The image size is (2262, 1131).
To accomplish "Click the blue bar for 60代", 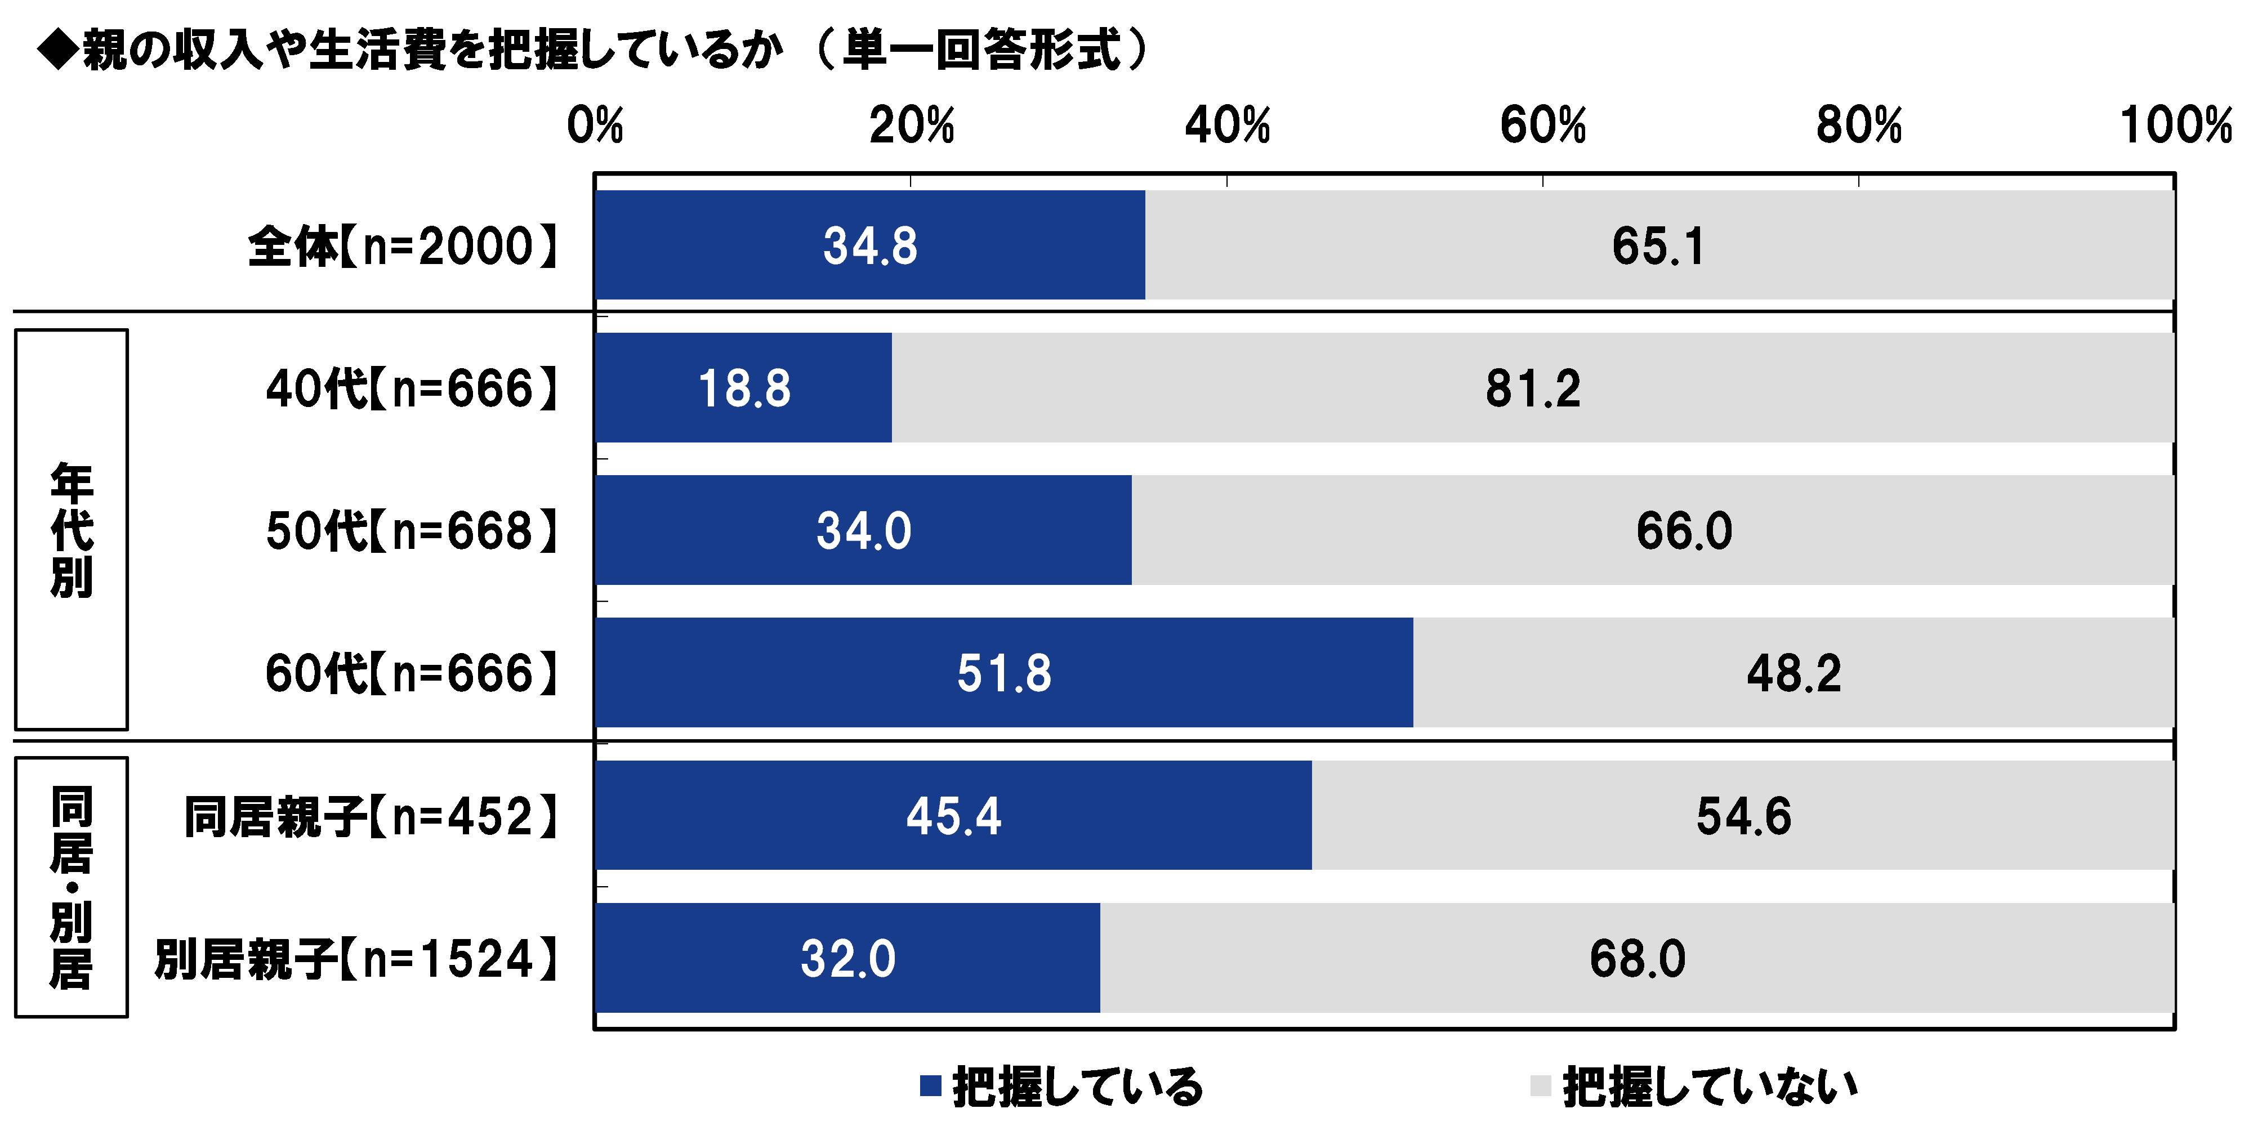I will (x=1003, y=673).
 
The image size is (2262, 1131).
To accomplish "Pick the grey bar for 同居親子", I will (x=1742, y=815).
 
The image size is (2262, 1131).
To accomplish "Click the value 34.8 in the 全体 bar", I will (x=869, y=246).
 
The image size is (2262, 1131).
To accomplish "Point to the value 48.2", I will (x=1793, y=673).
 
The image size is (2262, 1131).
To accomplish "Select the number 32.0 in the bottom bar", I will (x=847, y=958).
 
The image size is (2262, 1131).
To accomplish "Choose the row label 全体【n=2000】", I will (x=403, y=246).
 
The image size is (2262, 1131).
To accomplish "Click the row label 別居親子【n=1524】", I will (x=356, y=958).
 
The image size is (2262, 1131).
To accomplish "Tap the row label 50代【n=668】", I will (x=412, y=531).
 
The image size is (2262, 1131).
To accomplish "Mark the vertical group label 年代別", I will (x=71, y=530).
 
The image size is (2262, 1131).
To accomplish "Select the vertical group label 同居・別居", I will (x=71, y=887).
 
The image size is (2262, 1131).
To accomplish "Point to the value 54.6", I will (x=1742, y=816).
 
